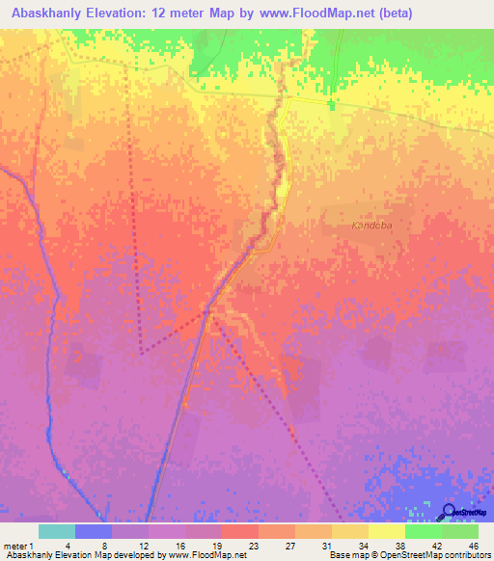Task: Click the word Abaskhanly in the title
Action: coord(45,13)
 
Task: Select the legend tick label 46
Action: coord(473,545)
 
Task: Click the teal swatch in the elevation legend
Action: coord(57,531)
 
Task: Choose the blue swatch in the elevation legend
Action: coord(94,531)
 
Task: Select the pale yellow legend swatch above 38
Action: coord(387,531)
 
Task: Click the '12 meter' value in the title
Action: coord(190,13)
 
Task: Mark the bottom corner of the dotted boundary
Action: coord(141,351)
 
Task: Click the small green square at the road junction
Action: coord(331,104)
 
